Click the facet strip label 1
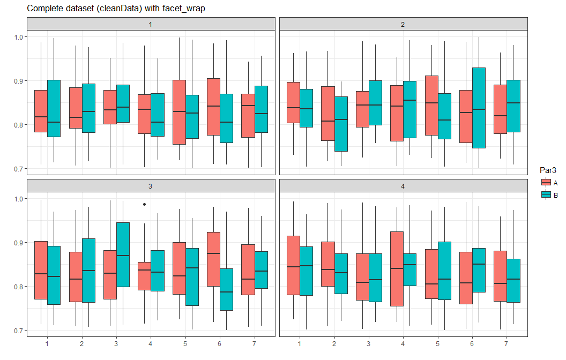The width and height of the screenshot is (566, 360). (151, 25)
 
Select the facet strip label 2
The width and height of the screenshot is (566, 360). (403, 25)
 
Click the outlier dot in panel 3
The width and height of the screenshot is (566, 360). (145, 204)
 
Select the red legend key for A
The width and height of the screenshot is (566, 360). (546, 182)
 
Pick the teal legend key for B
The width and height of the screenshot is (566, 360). (546, 195)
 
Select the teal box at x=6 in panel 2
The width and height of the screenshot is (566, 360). (479, 108)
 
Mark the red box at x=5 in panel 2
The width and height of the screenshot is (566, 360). (431, 106)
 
